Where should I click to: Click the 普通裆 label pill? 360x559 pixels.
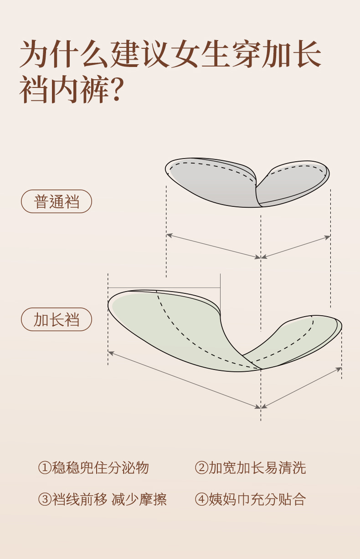pyautogui.click(x=57, y=201)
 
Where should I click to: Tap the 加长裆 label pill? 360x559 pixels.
pyautogui.click(x=57, y=319)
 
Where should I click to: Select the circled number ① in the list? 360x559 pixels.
pyautogui.click(x=44, y=468)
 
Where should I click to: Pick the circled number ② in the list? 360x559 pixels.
pyautogui.click(x=201, y=468)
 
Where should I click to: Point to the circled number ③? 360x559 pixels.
pyautogui.click(x=44, y=499)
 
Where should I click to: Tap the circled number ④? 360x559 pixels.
pyautogui.click(x=201, y=499)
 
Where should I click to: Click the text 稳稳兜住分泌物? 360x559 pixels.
pyautogui.click(x=101, y=468)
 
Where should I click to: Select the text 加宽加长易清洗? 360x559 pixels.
pyautogui.click(x=257, y=468)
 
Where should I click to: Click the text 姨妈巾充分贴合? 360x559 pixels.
pyautogui.click(x=257, y=499)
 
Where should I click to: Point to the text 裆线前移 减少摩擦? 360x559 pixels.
pyautogui.click(x=109, y=499)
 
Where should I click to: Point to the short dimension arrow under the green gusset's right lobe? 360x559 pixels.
pyautogui.click(x=301, y=387)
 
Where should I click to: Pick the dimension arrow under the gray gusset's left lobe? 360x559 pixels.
pyautogui.click(x=213, y=246)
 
